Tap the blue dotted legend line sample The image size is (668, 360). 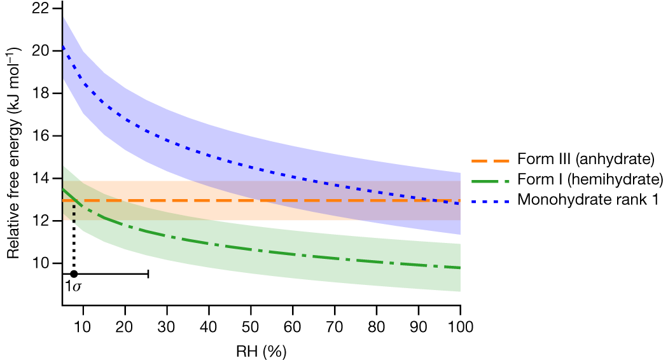click(491, 199)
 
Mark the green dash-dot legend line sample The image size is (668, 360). click(491, 179)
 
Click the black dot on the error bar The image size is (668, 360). click(74, 273)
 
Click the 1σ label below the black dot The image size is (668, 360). click(73, 287)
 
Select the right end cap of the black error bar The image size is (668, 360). click(148, 273)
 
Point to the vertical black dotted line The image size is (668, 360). click(74, 239)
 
